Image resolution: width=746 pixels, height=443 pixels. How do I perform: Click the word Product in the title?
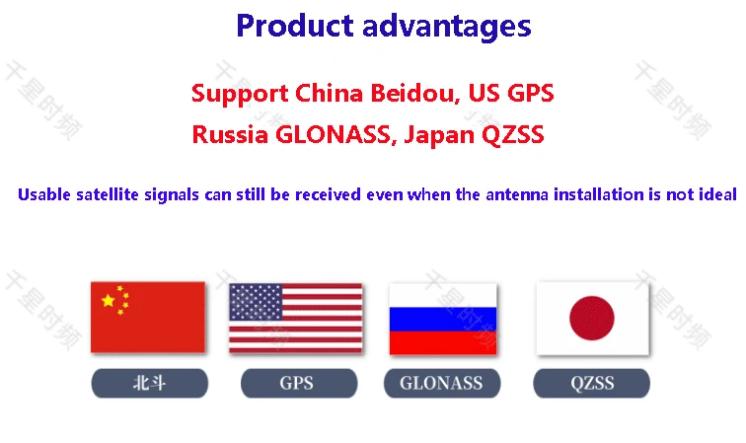click(295, 26)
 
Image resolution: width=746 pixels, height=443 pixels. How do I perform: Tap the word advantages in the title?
click(447, 28)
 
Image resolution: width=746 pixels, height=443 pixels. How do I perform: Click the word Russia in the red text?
click(230, 134)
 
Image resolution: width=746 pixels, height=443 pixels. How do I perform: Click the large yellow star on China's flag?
click(109, 300)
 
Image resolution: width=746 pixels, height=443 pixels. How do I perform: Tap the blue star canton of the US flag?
click(256, 303)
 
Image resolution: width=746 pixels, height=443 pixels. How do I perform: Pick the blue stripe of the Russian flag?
click(443, 319)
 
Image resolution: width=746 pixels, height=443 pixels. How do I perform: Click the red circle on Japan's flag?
click(592, 318)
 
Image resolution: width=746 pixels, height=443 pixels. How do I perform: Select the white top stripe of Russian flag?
click(443, 295)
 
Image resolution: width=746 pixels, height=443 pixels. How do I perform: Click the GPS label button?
click(299, 383)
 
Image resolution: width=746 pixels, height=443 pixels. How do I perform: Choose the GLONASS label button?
click(442, 383)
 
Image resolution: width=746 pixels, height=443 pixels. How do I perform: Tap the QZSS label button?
click(591, 383)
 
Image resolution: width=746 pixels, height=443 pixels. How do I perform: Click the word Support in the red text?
click(240, 94)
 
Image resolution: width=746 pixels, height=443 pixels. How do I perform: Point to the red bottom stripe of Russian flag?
click(443, 342)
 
